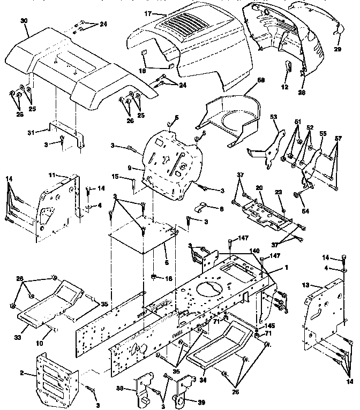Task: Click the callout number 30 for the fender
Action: (x=23, y=20)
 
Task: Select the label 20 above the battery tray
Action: (x=259, y=187)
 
